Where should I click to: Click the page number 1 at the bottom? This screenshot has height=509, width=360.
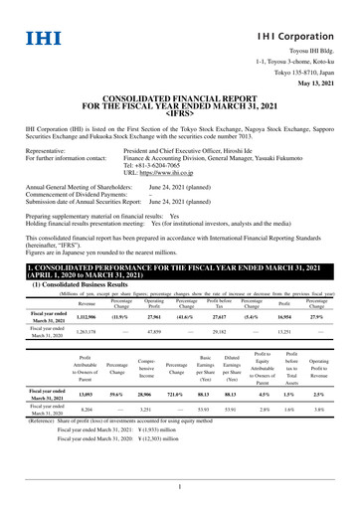(x=179, y=486)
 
